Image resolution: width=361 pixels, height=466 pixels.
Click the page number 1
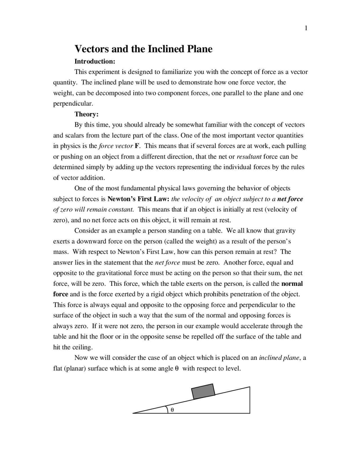coord(306,28)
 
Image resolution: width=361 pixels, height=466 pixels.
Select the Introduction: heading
coord(95,61)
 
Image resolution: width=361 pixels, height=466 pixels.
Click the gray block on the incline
coord(203,391)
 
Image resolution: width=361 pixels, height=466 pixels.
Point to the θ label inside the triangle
coord(172,410)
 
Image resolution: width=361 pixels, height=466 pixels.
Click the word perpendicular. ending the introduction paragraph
coord(73,104)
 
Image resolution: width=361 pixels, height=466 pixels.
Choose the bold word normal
coord(292,284)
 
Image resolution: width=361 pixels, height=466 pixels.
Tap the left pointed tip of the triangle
coord(133,413)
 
